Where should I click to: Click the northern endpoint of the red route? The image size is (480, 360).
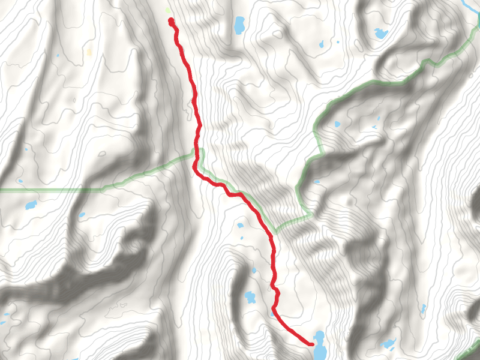pos(171,21)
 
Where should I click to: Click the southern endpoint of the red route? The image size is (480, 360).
pos(312,344)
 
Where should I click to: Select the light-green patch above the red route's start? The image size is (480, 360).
pos(168,10)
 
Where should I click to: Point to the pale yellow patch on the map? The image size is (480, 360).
pos(89,52)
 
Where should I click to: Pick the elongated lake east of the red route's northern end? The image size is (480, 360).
pos(239,25)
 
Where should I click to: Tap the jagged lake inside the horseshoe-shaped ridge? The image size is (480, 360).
pos(380,32)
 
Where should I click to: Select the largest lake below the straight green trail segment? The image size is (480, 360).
pos(31,205)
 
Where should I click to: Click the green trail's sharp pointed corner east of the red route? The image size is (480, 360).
pos(310,213)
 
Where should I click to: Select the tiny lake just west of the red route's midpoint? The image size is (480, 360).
pos(240,226)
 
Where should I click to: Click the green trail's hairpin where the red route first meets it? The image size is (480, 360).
pos(198,150)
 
